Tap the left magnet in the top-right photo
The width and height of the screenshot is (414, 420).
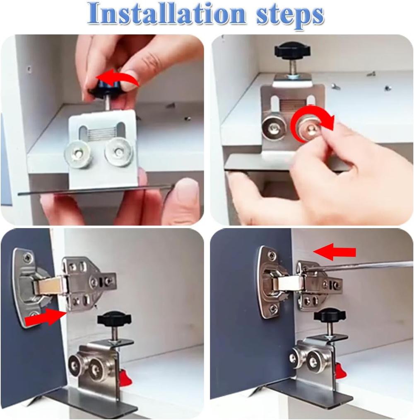coord(272,127)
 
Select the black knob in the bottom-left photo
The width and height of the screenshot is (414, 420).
coord(114,319)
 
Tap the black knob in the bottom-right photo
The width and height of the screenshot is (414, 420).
coord(329,315)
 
